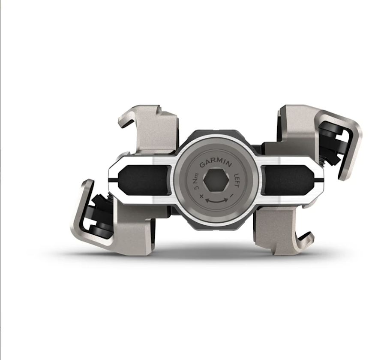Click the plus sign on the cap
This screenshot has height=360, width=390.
coord(201,195)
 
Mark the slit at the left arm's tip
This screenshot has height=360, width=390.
coord(113,181)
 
